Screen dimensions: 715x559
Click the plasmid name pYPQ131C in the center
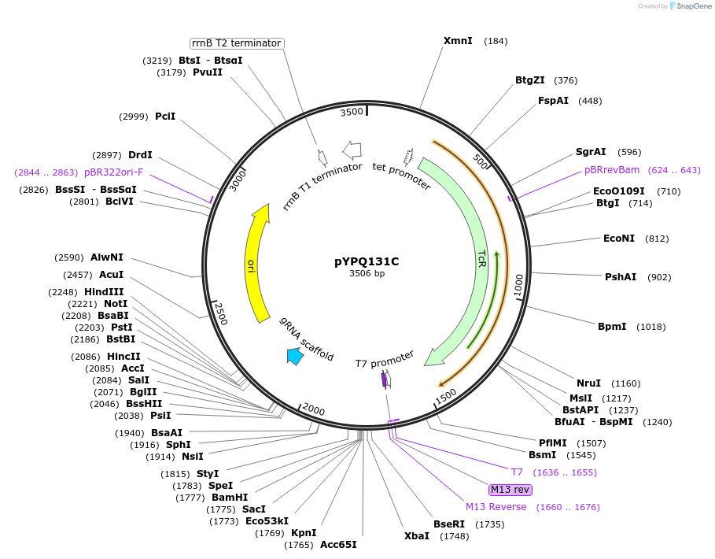(367, 261)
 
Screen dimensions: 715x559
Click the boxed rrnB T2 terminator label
(237, 43)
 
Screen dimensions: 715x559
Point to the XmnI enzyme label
(458, 41)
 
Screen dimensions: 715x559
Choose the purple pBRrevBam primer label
(612, 170)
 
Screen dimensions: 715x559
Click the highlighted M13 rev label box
(510, 490)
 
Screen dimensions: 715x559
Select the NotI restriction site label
(115, 303)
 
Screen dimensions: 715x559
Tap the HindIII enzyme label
(109, 291)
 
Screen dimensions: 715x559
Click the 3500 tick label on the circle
(352, 112)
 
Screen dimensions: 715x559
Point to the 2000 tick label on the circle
(314, 409)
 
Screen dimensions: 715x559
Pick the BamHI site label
(230, 498)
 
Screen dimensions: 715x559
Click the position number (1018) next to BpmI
(651, 327)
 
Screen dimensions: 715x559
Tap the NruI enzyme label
(588, 383)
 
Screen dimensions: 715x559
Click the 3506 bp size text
(367, 274)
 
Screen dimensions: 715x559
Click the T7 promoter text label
(384, 360)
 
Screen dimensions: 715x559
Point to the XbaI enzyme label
(417, 536)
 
